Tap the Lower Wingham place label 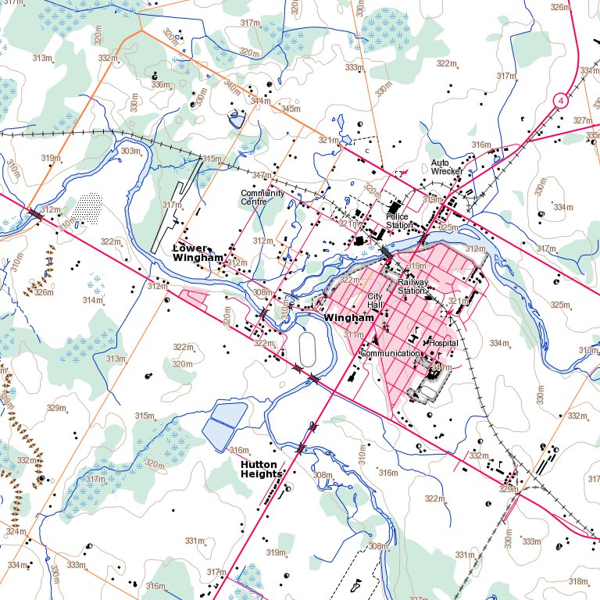[198, 252]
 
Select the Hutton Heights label [261, 468]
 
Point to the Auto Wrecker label [447, 167]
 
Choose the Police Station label [398, 220]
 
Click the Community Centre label [262, 197]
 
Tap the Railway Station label [412, 286]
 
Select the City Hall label [375, 301]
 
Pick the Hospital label [442, 343]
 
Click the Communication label [390, 353]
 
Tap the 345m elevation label [290, 109]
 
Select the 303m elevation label [130, 151]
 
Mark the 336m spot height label [160, 84]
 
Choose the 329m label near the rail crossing [509, 489]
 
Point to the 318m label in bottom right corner [577, 581]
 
